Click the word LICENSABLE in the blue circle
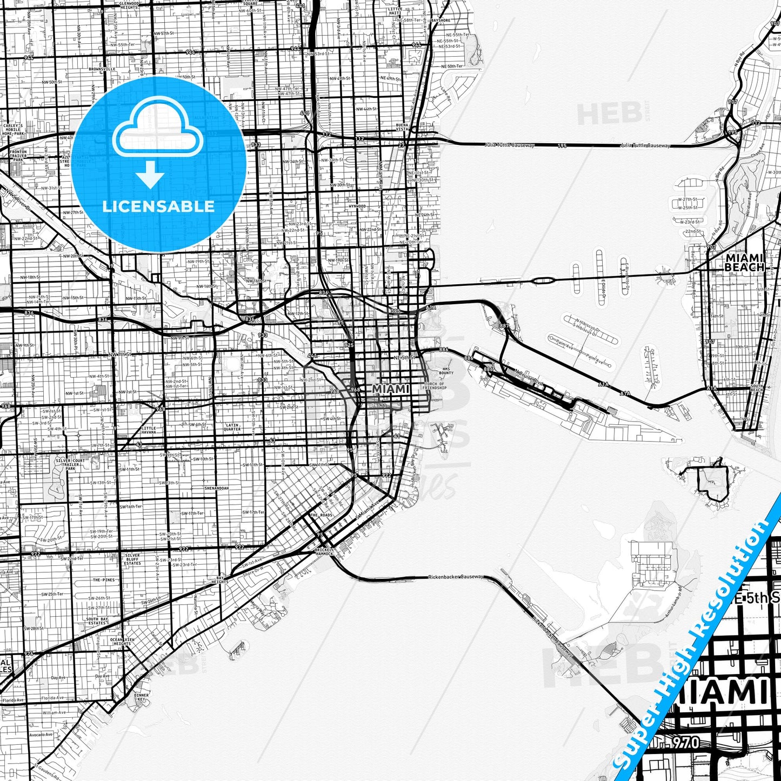158,206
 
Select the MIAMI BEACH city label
744,263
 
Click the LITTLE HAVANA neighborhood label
149,430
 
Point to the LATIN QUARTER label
232,427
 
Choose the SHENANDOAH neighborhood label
216,488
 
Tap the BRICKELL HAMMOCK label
325,551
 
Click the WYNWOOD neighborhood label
357,206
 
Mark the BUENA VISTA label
403,127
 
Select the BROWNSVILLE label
102,69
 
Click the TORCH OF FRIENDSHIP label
435,386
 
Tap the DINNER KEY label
142,697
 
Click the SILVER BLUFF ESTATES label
132,559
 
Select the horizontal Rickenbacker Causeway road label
455,577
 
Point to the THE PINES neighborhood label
104,580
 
